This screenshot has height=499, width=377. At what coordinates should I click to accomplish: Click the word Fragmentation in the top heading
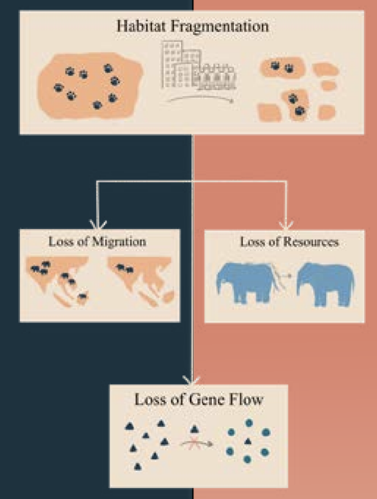pos(220,26)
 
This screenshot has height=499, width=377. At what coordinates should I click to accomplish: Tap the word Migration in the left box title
pos(119,242)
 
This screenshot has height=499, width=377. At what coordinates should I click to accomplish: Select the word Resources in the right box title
pos(311,242)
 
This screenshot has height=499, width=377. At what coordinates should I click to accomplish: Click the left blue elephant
pos(247,283)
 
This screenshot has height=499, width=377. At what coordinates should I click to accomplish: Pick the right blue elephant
pos(325,284)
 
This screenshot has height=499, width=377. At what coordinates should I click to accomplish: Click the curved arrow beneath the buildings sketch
pos(200,98)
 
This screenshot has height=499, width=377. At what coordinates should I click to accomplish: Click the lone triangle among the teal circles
pos(247,442)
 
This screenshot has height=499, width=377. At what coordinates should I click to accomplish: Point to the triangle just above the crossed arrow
pos(195,429)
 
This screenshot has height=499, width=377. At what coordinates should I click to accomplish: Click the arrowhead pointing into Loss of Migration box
pos(98,225)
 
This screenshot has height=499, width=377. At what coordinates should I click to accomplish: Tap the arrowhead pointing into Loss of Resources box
pos(286,225)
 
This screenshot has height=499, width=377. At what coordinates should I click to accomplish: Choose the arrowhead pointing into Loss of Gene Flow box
pos(191,381)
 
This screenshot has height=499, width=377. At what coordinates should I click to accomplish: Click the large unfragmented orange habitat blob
pos(90,86)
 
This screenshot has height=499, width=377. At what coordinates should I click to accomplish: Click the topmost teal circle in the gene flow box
pos(249,422)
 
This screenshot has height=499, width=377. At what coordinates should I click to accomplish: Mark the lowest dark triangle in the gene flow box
pos(137,467)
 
